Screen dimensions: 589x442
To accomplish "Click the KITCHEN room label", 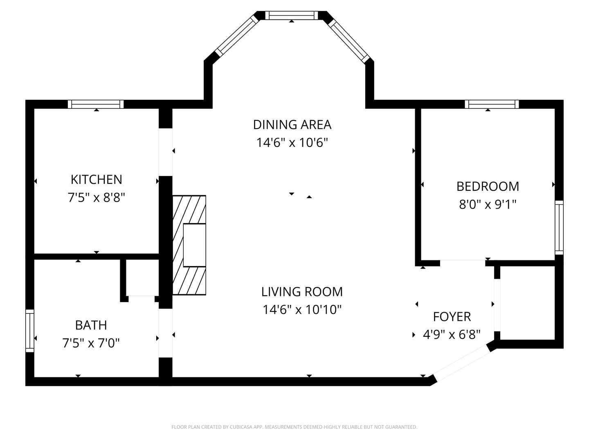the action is [97, 180].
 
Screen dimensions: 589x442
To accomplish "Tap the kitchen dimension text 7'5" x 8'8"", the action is [97, 198].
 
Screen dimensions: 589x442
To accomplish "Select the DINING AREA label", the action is [292, 125].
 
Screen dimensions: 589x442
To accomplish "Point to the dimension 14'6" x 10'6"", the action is [292, 142].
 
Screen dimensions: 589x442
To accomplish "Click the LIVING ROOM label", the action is [302, 292].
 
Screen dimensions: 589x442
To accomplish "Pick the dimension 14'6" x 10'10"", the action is [302, 310].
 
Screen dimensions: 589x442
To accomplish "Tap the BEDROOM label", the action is [488, 187].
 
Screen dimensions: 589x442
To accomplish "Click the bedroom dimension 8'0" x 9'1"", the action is [488, 205].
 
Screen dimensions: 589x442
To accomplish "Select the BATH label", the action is [91, 325].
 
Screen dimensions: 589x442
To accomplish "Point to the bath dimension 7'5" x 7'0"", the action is [91, 343].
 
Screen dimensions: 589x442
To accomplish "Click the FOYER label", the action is [452, 317].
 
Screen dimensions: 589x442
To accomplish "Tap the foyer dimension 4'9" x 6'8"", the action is [452, 335].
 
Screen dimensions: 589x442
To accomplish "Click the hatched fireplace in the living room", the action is [189, 245].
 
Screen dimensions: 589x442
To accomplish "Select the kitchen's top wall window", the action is [96, 104].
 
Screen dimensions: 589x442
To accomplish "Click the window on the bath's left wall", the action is [30, 331].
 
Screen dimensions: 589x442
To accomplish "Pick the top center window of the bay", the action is [292, 15].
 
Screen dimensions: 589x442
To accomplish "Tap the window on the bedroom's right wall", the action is [559, 228].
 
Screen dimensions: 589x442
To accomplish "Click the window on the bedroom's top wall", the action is [492, 104].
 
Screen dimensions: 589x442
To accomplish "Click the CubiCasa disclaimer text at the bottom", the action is [294, 427].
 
